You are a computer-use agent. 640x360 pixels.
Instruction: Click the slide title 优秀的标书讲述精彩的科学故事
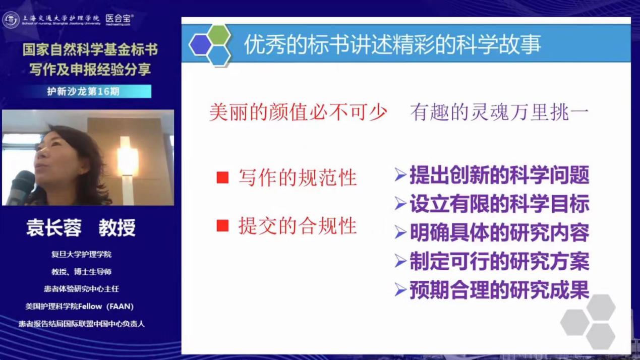(392, 44)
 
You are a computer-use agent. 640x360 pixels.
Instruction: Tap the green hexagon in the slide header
(219, 35)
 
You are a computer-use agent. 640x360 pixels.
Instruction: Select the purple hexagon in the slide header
(200, 45)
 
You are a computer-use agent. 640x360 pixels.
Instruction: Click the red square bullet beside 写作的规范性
(222, 177)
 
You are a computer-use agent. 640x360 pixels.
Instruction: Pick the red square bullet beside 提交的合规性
(222, 226)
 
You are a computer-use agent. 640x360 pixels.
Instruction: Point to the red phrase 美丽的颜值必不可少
(298, 112)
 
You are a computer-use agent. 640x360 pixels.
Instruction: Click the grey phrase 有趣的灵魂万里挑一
(499, 112)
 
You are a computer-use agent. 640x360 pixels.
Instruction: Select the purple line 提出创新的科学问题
(499, 175)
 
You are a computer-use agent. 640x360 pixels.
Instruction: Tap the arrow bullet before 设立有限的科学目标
(400, 204)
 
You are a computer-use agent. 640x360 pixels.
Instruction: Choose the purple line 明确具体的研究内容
(499, 232)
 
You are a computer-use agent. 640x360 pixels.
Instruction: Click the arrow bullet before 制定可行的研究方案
(400, 261)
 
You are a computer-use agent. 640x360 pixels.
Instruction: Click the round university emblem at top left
(11, 20)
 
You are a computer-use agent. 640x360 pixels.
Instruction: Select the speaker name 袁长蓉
(54, 228)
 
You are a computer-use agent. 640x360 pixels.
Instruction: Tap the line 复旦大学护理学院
(81, 254)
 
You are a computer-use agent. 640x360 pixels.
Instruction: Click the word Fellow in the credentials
(90, 306)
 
